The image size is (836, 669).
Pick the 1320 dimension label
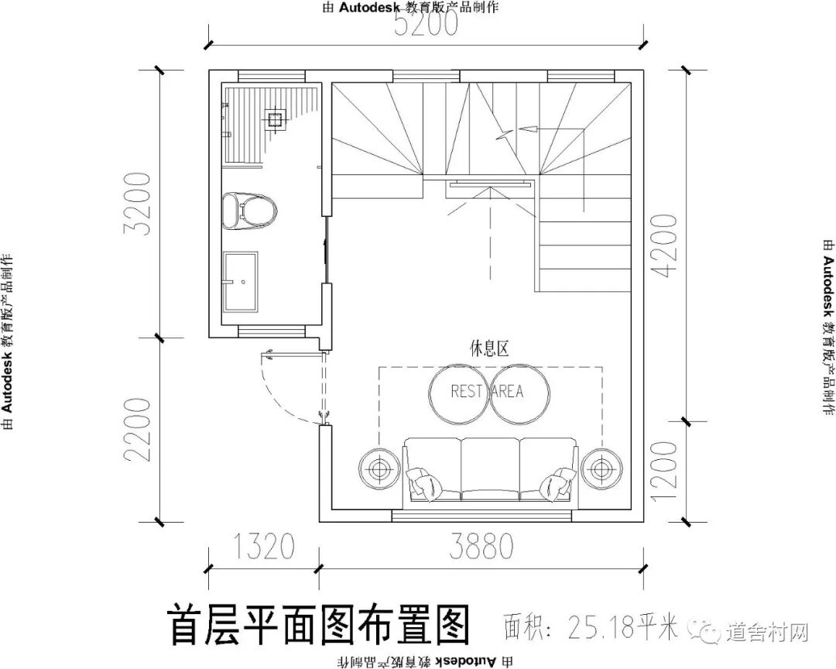coord(262,547)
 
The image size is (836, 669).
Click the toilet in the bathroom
coord(249,210)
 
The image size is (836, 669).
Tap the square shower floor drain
coord(273,118)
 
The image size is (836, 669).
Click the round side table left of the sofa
coord(379,468)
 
